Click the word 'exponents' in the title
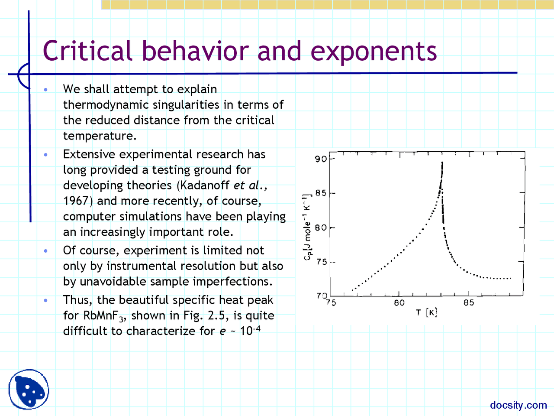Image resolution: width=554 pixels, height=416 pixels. click(x=374, y=51)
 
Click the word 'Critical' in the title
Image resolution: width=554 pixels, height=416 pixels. click(x=87, y=51)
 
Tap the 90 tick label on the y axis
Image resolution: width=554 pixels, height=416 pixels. click(x=321, y=159)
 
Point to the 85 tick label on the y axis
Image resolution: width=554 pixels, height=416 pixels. click(x=321, y=193)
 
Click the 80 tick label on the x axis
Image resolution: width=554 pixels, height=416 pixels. click(x=399, y=303)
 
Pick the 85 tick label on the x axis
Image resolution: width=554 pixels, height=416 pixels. click(x=469, y=303)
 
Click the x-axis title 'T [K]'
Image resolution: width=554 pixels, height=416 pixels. click(x=426, y=312)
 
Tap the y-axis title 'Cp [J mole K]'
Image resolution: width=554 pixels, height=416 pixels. click(x=307, y=227)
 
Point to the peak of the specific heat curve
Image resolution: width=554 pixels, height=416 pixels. click(x=442, y=163)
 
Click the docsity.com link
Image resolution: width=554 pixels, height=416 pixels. click(x=518, y=405)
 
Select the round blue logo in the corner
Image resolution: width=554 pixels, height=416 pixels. click(x=29, y=389)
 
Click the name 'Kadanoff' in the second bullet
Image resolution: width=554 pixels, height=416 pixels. click(x=205, y=185)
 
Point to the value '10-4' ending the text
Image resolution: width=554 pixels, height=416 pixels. click(x=250, y=331)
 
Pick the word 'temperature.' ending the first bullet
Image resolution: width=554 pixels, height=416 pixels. click(x=100, y=136)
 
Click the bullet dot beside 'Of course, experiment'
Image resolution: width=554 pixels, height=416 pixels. click(x=45, y=251)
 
